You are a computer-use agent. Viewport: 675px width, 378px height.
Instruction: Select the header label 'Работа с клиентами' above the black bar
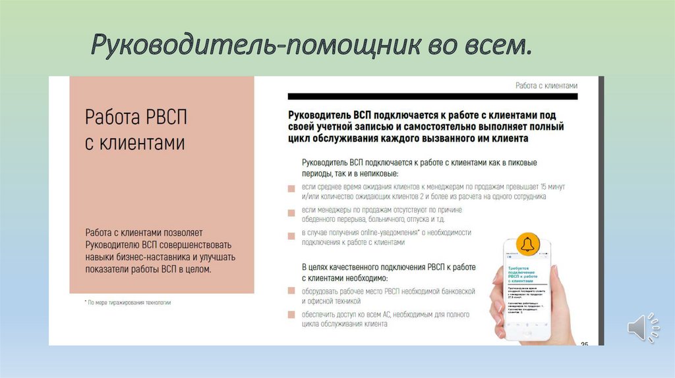(546, 86)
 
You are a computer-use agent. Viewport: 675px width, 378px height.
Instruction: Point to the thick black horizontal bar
(432, 96)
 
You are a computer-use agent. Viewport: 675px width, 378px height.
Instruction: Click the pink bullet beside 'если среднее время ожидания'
(291, 188)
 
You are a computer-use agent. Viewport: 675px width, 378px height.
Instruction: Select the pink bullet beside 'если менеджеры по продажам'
(291, 212)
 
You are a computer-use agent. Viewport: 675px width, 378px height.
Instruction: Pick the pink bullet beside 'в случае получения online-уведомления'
(291, 235)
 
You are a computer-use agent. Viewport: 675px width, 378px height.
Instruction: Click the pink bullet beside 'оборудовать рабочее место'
(291, 290)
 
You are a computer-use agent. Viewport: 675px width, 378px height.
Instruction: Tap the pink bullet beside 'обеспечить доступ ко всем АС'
(291, 315)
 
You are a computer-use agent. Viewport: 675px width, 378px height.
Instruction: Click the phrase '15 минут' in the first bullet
(552, 187)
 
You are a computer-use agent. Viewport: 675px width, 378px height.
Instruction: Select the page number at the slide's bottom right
(584, 343)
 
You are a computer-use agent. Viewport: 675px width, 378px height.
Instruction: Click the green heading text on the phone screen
(525, 274)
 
